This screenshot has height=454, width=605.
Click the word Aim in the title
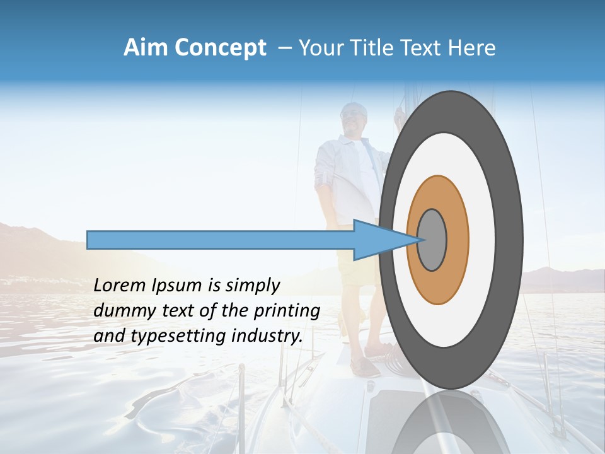[146, 48]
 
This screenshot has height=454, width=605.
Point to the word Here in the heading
[473, 48]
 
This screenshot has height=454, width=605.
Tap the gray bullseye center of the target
[432, 240]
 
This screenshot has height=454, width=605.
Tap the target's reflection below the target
[450, 422]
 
